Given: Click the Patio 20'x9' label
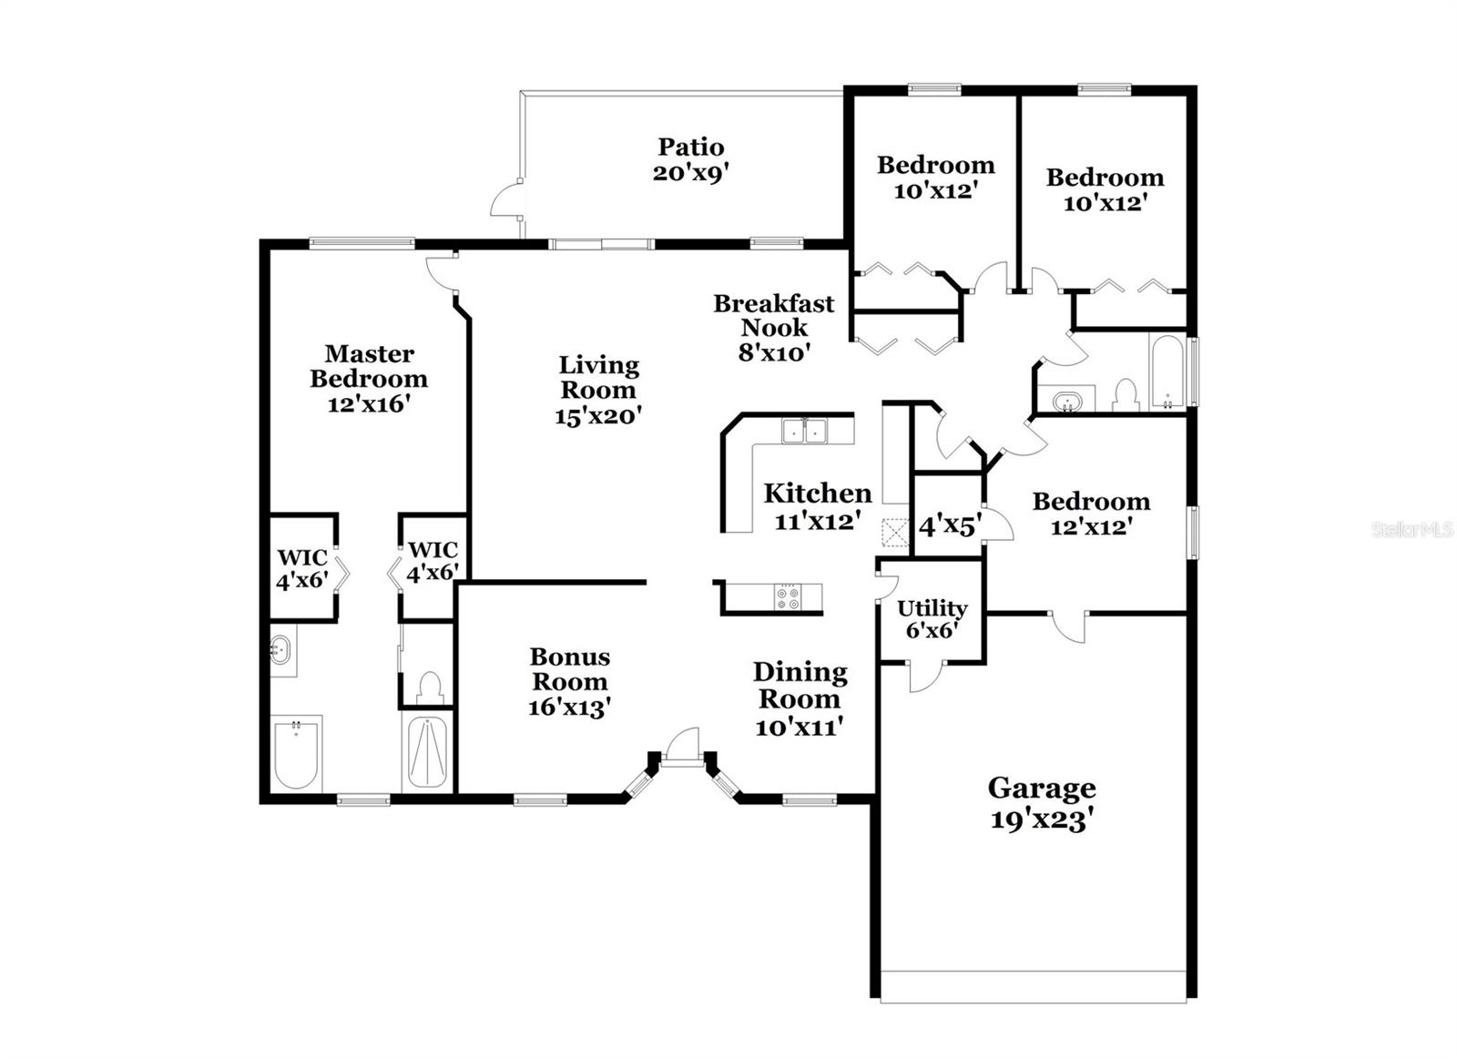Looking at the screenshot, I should coord(691,159).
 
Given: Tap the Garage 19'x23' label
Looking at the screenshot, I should coord(1041,803).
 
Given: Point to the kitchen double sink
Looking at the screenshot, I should coord(804,430).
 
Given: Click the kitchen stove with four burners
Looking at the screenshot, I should coord(788,597).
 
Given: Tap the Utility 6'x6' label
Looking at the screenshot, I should coord(932,618).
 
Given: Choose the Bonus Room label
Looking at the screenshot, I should coord(570,680).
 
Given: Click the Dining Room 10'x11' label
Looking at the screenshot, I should coord(800,698).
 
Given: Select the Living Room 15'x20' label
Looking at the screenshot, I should coord(598,390).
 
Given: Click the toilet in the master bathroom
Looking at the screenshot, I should coord(428,686).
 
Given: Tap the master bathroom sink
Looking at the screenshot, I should coord(281,650).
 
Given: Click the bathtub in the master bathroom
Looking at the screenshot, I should coord(296,754).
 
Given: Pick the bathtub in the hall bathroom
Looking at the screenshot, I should coord(1167,372).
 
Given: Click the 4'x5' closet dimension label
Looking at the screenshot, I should coord(949,525).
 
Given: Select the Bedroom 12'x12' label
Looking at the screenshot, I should coord(1091,514).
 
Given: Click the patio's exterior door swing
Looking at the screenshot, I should coord(507,199).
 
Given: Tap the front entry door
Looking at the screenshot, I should coord(681,745).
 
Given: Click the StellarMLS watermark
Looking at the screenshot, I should coord(1411,529).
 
